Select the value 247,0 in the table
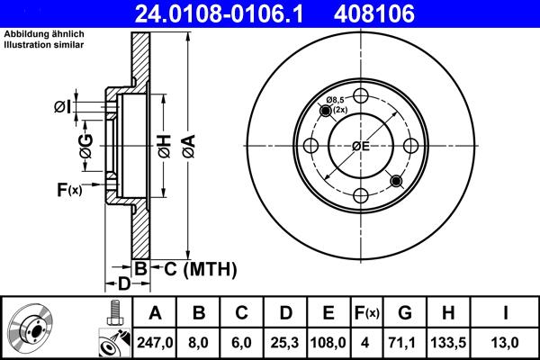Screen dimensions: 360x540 coord(155,341)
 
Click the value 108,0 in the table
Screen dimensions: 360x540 coord(328,341)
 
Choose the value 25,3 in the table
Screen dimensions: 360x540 coord(284,341)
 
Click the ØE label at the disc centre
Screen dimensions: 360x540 coord(361,147)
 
